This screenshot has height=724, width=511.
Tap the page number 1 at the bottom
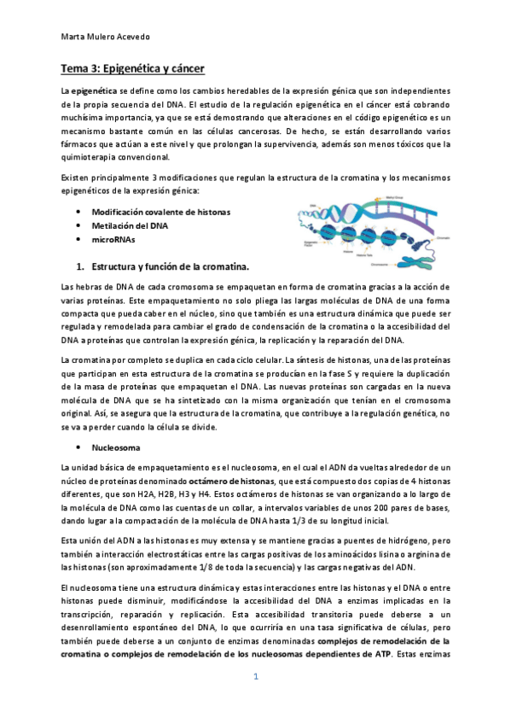click(254, 676)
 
